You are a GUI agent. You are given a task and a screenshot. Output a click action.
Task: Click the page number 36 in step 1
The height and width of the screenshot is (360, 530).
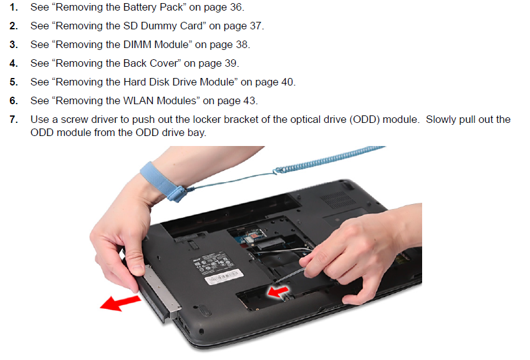pos(236,7)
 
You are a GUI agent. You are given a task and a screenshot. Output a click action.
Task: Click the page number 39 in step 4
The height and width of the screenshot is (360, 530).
pos(231,63)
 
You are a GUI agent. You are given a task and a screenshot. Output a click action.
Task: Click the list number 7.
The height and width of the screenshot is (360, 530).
pos(13,119)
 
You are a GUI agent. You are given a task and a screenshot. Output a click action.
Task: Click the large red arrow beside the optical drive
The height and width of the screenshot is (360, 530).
pos(121,302)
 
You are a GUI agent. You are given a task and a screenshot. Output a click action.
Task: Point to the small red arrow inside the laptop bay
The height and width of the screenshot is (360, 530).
pos(277,291)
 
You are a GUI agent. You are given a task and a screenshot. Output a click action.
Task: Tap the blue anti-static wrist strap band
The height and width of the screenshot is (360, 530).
pos(162,182)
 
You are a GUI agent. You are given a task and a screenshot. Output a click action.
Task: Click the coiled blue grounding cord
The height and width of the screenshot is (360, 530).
pos(330,160)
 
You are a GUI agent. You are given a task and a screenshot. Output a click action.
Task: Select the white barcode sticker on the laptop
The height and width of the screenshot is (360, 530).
pos(223,276)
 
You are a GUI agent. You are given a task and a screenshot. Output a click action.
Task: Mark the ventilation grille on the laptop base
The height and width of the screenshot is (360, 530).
pos(338,200)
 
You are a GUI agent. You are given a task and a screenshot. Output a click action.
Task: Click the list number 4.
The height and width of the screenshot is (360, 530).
pos(13,63)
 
